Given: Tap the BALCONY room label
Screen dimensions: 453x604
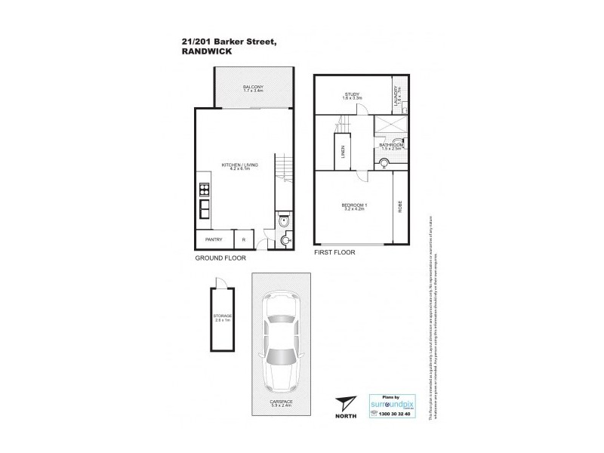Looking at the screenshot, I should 252,88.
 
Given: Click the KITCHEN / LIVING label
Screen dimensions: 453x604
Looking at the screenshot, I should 236,168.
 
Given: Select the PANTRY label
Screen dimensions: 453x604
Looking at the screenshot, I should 214,240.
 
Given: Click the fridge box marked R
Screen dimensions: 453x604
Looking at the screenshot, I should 243,240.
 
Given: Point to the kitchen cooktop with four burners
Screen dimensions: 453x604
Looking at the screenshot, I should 205,186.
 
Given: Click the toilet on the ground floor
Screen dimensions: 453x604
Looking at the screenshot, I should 283,221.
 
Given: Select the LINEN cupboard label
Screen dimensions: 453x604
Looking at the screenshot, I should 343,155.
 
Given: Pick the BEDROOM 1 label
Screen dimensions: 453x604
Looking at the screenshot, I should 353,206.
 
